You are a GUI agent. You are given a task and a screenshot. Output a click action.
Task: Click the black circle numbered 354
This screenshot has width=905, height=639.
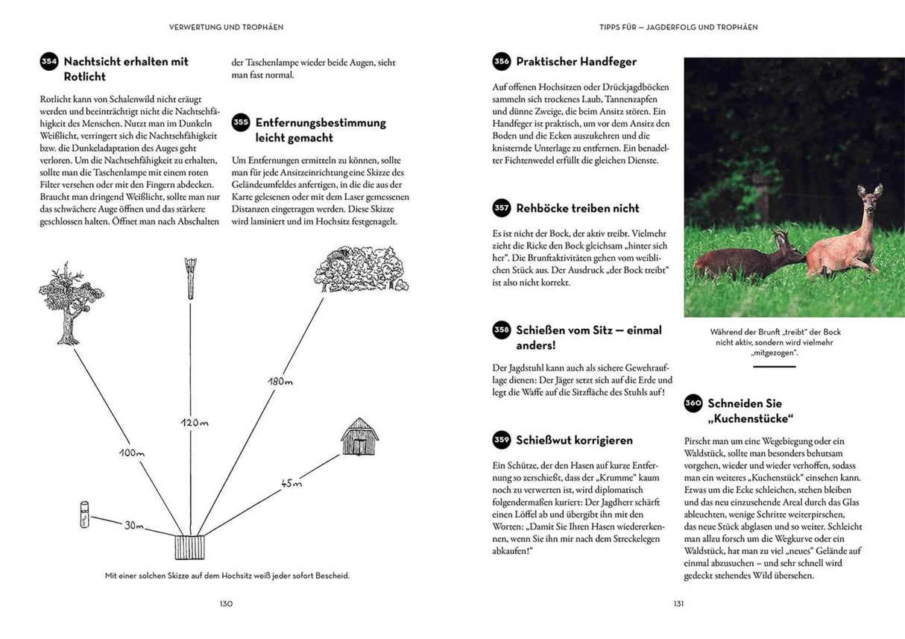point(49,62)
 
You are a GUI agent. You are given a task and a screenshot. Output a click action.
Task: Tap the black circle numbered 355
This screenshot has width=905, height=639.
point(241,123)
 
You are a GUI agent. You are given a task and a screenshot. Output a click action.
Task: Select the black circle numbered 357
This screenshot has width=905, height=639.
point(502,209)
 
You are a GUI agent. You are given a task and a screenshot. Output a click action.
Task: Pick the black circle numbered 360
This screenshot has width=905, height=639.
point(693,403)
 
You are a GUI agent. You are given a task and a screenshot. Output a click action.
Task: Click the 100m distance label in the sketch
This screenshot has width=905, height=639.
point(130,453)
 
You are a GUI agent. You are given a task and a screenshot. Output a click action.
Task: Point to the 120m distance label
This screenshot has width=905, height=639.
point(195,423)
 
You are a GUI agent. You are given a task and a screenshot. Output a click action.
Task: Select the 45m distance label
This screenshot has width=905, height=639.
point(291,484)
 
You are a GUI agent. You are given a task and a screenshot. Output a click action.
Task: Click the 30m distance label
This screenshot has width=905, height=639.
point(134,525)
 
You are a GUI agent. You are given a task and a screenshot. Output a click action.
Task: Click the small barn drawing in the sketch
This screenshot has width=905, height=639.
point(359,437)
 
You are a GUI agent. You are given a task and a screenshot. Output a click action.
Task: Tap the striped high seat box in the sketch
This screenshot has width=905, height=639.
point(189,547)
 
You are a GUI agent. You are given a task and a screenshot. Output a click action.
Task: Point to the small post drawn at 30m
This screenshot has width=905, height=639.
point(84,515)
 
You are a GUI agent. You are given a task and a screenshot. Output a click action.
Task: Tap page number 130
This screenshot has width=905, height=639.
point(226,604)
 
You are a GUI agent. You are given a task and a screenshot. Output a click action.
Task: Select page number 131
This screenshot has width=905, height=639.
point(678,604)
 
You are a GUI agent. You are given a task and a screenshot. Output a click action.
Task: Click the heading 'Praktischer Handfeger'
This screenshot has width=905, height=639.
point(576,62)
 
